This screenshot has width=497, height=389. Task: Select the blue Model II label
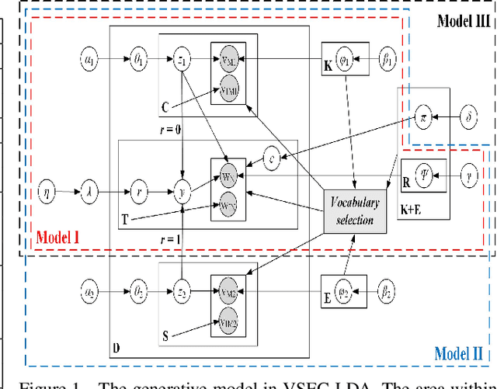pyautogui.click(x=458, y=351)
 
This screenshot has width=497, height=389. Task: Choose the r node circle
pyautogui.click(x=137, y=189)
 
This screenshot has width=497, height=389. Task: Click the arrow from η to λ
pyautogui.click(x=69, y=189)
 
